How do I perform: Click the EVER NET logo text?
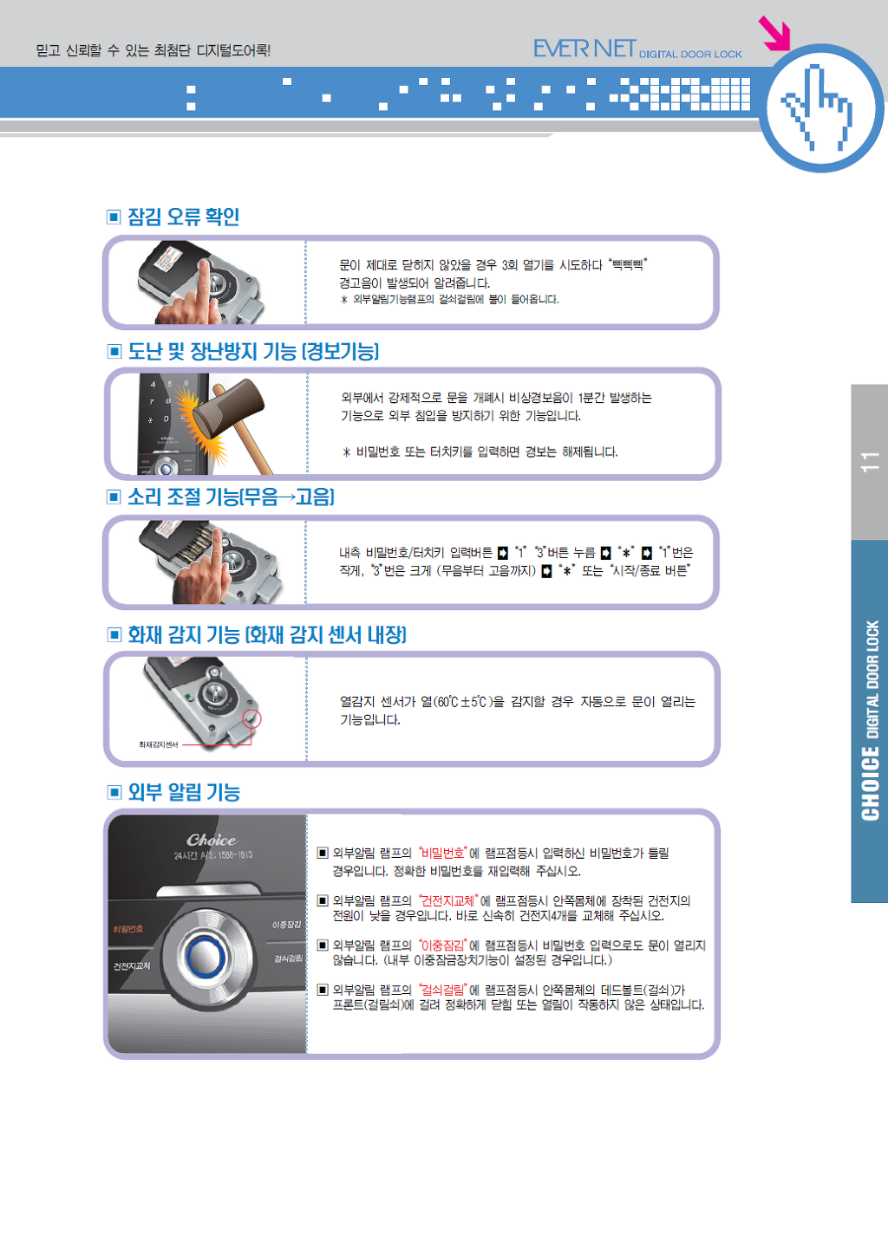coord(584,49)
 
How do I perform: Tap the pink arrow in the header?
coord(775,33)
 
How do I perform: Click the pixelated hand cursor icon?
coord(817,107)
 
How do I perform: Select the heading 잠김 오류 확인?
coord(184,217)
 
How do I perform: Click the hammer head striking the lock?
coord(228,412)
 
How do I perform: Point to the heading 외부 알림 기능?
coord(184,792)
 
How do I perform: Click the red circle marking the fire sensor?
coord(251,718)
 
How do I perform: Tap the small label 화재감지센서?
coord(158,744)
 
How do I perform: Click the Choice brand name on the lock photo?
coord(212,840)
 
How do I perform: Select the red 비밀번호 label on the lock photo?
coord(127,929)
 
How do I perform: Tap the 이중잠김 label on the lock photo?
coord(286,925)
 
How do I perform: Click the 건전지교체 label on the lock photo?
coord(132,966)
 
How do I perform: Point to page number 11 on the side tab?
coord(870,461)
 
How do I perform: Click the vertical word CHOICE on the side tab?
coord(870,783)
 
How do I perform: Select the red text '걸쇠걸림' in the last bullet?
coord(443,990)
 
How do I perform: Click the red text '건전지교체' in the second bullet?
coord(448,900)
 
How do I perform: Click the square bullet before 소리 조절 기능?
coord(114,497)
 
